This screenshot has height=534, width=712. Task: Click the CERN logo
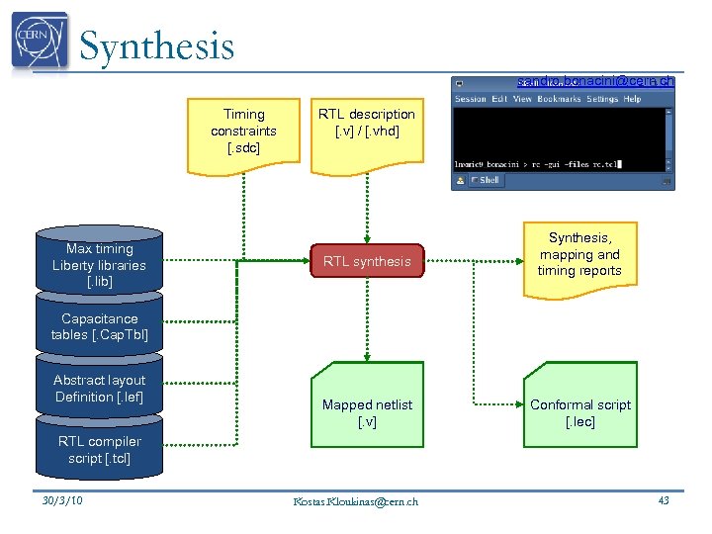(40, 42)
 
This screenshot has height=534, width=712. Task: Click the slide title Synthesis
(156, 46)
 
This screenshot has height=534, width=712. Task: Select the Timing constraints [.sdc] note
(243, 132)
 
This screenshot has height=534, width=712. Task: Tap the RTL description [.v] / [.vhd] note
(367, 124)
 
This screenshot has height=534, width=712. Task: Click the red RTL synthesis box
(367, 261)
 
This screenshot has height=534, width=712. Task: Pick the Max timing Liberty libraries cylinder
(99, 265)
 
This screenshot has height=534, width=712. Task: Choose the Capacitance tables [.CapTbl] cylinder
(99, 327)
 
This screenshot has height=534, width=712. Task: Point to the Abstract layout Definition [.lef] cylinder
(99, 389)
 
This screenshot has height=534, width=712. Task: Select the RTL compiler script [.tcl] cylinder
(99, 450)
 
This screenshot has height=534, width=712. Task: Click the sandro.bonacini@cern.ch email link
(595, 81)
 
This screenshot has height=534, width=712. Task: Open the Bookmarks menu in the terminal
(559, 99)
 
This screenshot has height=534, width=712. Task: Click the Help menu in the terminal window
(632, 99)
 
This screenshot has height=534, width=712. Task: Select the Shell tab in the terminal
(486, 180)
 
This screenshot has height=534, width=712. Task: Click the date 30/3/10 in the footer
(63, 500)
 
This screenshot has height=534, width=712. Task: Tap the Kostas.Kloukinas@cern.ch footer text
(356, 501)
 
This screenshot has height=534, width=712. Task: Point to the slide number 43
(664, 500)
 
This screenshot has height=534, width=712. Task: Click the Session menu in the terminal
(470, 99)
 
